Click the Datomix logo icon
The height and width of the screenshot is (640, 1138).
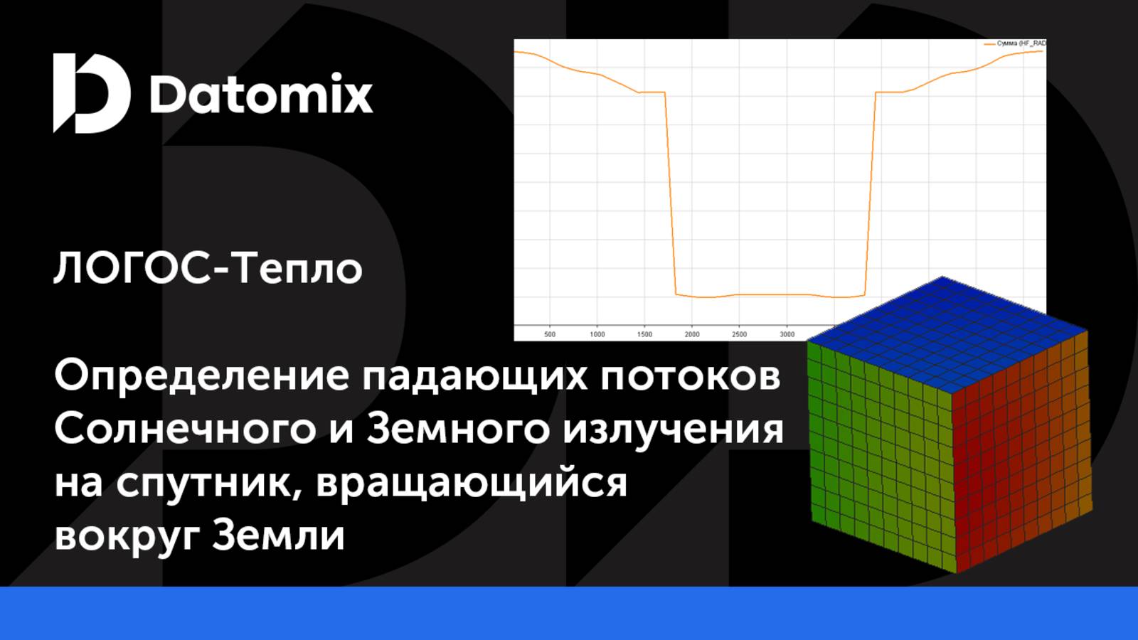(91, 92)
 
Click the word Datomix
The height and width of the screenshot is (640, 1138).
(261, 94)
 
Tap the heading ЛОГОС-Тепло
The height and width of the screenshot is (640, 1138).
(208, 269)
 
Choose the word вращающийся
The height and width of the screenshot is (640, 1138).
(472, 484)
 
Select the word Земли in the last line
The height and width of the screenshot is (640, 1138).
(278, 535)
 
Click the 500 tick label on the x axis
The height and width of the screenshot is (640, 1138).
(550, 334)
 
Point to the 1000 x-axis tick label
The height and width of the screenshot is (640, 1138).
(597, 334)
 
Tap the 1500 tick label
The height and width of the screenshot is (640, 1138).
(644, 334)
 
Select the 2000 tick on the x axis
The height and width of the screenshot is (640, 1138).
(692, 334)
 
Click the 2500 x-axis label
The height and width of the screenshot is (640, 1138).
(740, 334)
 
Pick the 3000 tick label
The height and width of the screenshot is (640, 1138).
(787, 334)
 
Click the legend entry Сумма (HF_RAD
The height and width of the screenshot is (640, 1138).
(1021, 43)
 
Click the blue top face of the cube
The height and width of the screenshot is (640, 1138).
(946, 334)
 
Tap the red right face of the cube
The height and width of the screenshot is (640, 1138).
(1021, 455)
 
